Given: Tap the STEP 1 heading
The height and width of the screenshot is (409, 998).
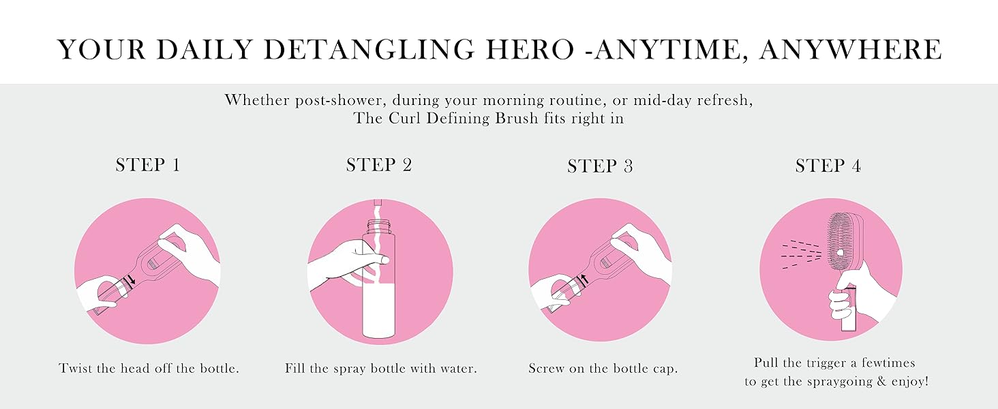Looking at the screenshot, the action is [148, 165].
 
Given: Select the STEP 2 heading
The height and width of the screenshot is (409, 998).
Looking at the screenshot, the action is [379, 165].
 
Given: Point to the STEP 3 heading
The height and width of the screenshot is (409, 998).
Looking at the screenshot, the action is [600, 166].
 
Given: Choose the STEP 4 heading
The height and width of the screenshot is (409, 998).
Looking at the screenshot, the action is [828, 166].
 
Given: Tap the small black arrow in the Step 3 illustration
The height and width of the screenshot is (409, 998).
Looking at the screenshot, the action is [585, 279].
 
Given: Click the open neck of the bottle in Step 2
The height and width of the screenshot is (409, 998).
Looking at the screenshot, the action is [380, 226].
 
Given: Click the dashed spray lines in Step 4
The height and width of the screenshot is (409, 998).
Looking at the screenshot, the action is [802, 256].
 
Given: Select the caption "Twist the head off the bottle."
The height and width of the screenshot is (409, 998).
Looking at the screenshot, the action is [149, 369].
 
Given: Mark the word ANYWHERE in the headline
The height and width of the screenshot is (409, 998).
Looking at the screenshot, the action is [851, 49].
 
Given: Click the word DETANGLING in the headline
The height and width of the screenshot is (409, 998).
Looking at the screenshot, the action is [369, 49].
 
